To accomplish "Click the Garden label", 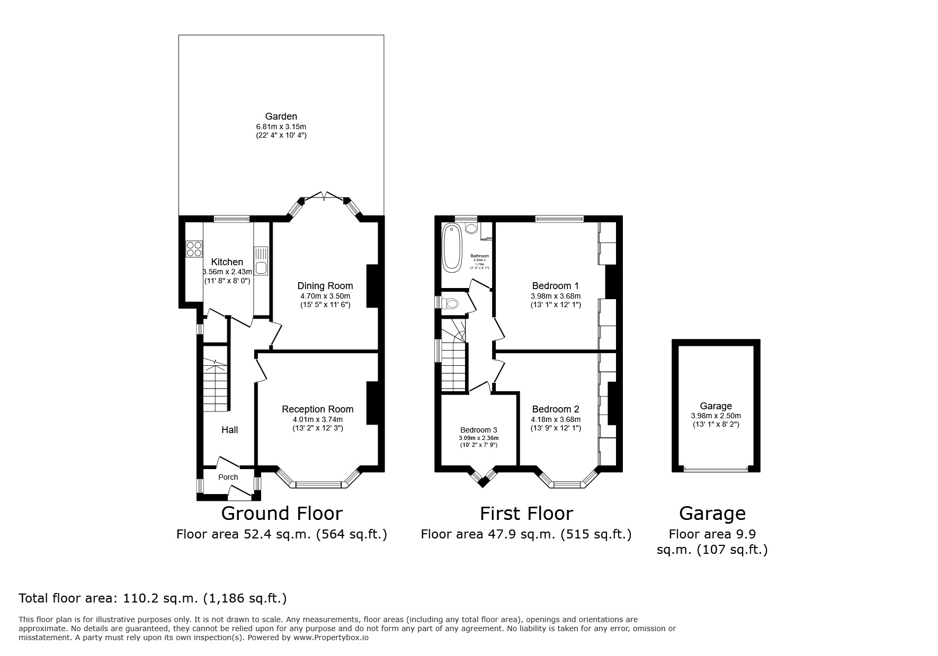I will tap(281, 116).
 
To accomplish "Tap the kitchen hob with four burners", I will tap(194, 249).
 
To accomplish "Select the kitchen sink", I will tap(261, 267).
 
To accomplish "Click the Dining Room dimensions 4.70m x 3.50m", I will tap(325, 296).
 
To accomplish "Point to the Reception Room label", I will tap(317, 409).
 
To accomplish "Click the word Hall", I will tap(229, 430).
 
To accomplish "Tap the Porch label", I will tap(228, 477).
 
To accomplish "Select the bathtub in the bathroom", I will tap(452, 247).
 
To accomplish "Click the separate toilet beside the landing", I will tap(451, 303).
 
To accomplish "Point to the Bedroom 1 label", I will tap(555, 286).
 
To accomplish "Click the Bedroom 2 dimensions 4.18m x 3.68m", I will tap(556, 419).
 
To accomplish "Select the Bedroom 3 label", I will tap(478, 430).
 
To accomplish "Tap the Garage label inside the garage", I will tap(716, 406).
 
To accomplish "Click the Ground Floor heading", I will tap(281, 514).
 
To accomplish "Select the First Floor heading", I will tap(526, 514).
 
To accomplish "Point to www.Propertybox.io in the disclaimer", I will tap(331, 637).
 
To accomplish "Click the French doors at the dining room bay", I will tap(324, 197).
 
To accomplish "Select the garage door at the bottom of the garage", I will tap(716, 469).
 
